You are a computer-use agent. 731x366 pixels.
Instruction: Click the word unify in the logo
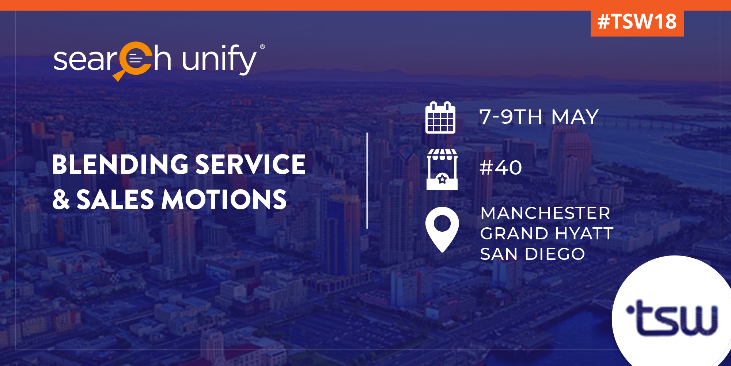[x=219, y=59]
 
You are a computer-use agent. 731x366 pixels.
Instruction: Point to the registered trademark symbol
[x=262, y=47]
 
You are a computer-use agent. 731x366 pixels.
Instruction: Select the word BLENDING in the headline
[x=121, y=164]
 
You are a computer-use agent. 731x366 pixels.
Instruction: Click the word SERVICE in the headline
[x=251, y=164]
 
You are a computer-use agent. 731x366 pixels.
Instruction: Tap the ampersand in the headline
[x=61, y=200]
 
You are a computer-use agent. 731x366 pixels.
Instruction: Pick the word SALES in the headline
[x=115, y=200]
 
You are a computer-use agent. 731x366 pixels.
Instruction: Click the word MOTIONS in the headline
[x=224, y=200]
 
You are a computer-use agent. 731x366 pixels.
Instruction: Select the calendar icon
[x=440, y=117]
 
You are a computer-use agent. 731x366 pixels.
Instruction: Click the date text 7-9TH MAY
[x=539, y=117]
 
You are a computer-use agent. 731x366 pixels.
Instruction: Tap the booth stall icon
[x=442, y=169]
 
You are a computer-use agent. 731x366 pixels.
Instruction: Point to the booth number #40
[x=501, y=168]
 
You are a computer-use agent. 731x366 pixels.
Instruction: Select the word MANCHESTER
[x=545, y=213]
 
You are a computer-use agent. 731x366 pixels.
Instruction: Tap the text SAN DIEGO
[x=533, y=254]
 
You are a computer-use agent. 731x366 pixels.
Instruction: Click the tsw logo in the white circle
[x=672, y=317]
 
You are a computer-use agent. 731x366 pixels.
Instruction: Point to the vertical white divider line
[x=367, y=181]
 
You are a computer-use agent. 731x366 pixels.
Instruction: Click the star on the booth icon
[x=442, y=179]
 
